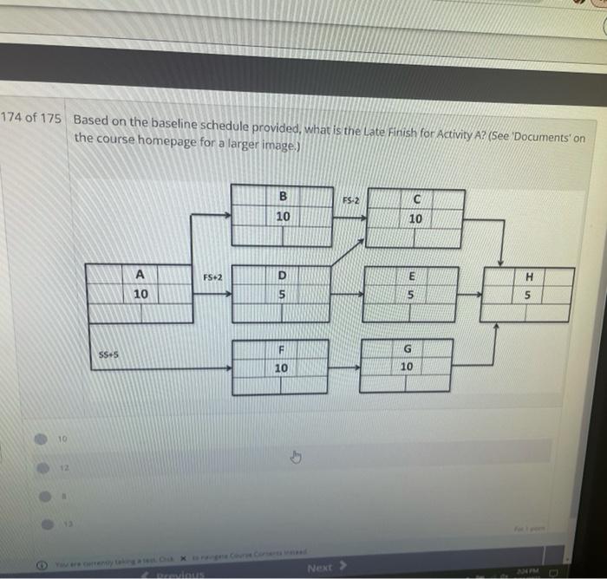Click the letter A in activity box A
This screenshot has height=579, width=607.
click(140, 275)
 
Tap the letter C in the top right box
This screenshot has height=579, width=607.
click(416, 199)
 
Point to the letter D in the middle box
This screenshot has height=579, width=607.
click(281, 276)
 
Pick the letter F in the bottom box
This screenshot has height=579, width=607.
click(280, 349)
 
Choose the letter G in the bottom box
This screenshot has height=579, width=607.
click(407, 349)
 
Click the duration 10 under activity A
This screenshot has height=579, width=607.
click(140, 295)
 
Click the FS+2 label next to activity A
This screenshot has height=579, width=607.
click(212, 277)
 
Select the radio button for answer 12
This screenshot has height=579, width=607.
click(41, 468)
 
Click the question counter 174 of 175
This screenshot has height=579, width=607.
click(31, 117)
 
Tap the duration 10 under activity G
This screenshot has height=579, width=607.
click(407, 368)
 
